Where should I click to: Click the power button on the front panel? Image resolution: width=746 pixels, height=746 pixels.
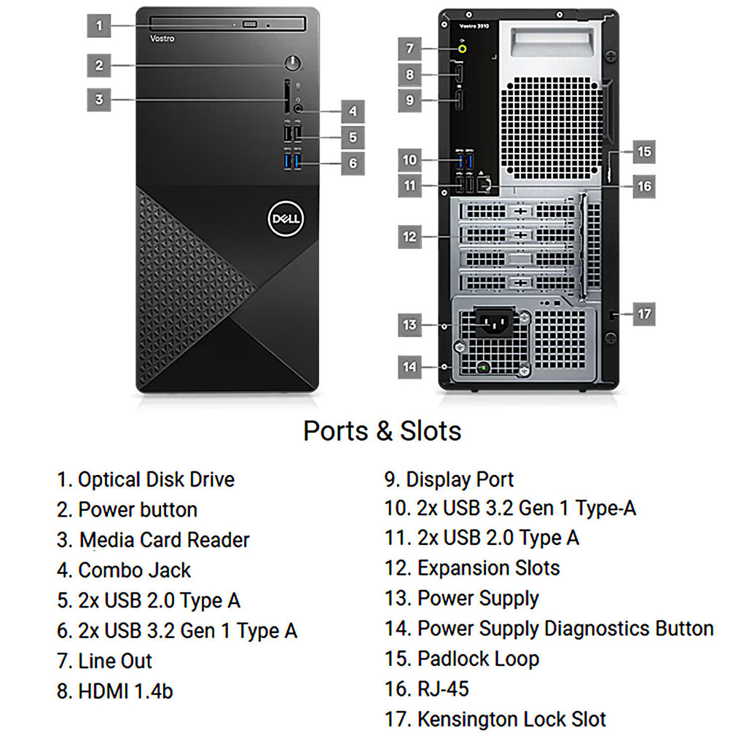(x=293, y=63)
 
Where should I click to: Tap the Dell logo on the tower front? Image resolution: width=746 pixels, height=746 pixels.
(x=286, y=219)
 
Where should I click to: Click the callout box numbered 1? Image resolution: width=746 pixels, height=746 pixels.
(x=99, y=25)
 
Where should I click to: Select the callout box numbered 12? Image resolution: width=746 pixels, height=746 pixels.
(x=409, y=237)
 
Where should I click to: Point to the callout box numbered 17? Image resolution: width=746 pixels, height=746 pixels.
(x=644, y=314)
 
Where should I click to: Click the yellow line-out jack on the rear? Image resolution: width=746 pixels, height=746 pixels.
(x=462, y=48)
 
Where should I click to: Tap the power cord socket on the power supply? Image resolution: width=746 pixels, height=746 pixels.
(x=495, y=323)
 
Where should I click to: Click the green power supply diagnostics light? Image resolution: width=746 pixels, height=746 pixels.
(x=484, y=367)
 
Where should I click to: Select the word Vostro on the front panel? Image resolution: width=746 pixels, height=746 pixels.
(x=162, y=39)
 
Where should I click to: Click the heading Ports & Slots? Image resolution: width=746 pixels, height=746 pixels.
(x=382, y=431)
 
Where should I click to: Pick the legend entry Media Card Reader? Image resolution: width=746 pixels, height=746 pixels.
(x=153, y=540)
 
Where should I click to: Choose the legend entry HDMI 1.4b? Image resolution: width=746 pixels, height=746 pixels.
(x=114, y=691)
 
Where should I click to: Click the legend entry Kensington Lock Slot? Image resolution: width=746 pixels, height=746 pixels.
(x=495, y=719)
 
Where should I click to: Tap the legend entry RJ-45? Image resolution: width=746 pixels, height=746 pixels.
(x=427, y=689)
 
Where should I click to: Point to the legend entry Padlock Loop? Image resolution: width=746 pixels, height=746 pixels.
(x=462, y=659)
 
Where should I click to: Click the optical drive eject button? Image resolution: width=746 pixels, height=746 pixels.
(x=250, y=24)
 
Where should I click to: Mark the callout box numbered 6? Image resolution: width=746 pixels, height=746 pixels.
(x=353, y=163)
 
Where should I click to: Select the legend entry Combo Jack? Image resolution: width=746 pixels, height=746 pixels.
(x=124, y=570)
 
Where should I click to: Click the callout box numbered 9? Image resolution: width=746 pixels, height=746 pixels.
(x=409, y=100)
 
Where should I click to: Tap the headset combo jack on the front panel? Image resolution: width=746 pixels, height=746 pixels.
(x=298, y=109)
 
